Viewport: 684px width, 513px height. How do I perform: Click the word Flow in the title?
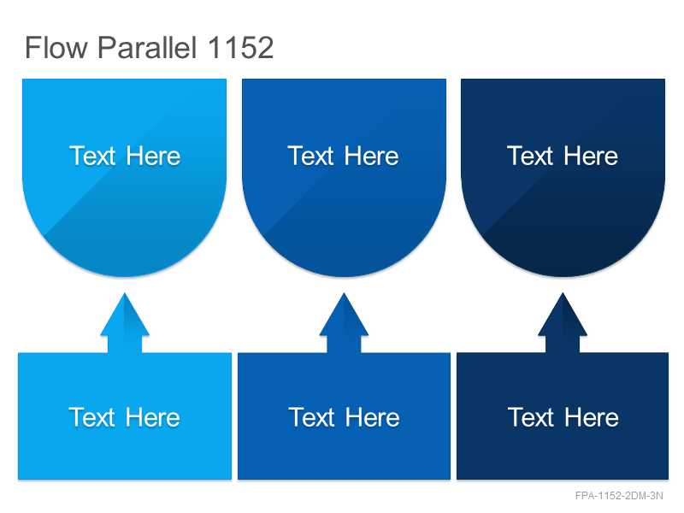pos(56,47)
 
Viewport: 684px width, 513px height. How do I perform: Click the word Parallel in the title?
pos(147,47)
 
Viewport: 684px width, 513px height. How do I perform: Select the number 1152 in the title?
pos(240,47)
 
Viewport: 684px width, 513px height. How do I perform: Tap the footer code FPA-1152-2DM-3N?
pos(619,496)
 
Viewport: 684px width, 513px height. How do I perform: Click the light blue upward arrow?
pos(125,323)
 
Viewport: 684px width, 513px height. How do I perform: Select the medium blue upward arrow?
pos(344,323)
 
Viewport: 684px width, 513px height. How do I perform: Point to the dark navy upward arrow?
pos(563,323)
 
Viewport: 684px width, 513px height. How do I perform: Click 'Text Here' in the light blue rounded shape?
pos(125,156)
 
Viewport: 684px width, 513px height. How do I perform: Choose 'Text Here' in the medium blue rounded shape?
pos(343,156)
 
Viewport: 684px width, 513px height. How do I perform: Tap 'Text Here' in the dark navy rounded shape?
pos(563,156)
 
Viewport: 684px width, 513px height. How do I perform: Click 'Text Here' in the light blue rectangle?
pos(124,417)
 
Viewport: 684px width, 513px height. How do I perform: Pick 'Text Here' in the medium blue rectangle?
pos(345,417)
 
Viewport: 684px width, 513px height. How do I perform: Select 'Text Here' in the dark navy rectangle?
pos(563,417)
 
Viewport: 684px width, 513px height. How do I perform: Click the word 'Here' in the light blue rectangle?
pos(153,417)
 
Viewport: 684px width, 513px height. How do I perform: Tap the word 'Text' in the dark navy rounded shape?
pos(530,156)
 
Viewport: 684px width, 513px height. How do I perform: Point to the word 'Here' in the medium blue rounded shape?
pos(371,156)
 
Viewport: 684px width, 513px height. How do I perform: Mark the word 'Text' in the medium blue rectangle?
pos(312,417)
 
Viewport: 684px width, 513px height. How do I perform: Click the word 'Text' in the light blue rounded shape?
pos(92,156)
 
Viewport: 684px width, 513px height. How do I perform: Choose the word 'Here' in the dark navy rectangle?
pos(592,417)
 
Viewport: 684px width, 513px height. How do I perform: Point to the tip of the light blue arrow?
pos(125,293)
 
